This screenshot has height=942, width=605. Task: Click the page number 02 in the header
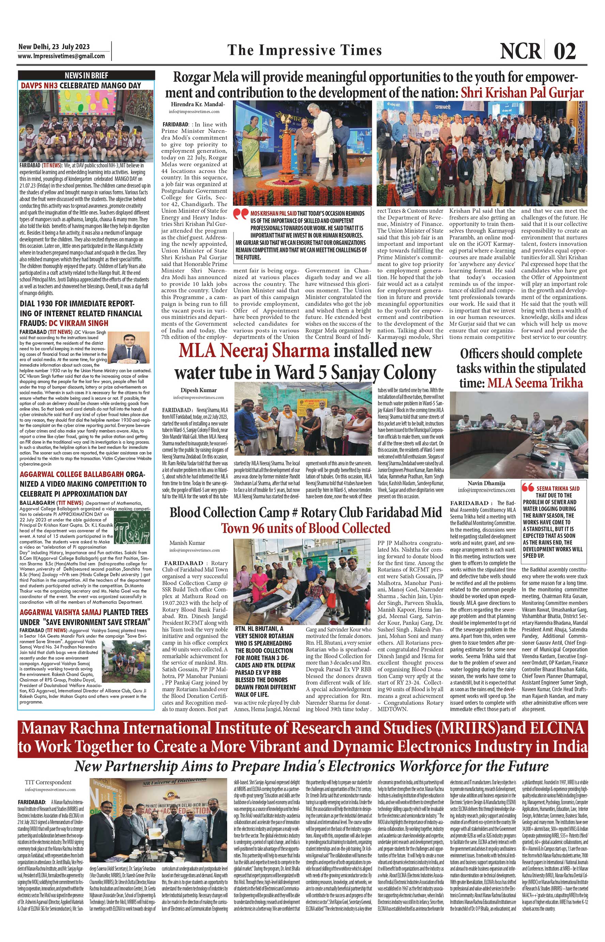point(565,51)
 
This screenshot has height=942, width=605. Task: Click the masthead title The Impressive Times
point(304,50)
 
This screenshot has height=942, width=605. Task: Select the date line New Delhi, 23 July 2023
point(54,46)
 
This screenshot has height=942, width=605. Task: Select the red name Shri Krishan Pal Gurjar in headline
point(522,93)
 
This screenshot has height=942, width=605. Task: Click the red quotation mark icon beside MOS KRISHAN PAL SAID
point(241,214)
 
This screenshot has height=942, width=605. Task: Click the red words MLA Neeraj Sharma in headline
point(254,351)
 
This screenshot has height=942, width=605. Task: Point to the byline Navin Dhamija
point(486,483)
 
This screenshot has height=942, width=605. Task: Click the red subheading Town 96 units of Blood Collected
point(306,528)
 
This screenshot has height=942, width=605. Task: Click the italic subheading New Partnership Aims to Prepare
point(311,766)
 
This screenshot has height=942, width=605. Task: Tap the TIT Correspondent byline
point(48,782)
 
